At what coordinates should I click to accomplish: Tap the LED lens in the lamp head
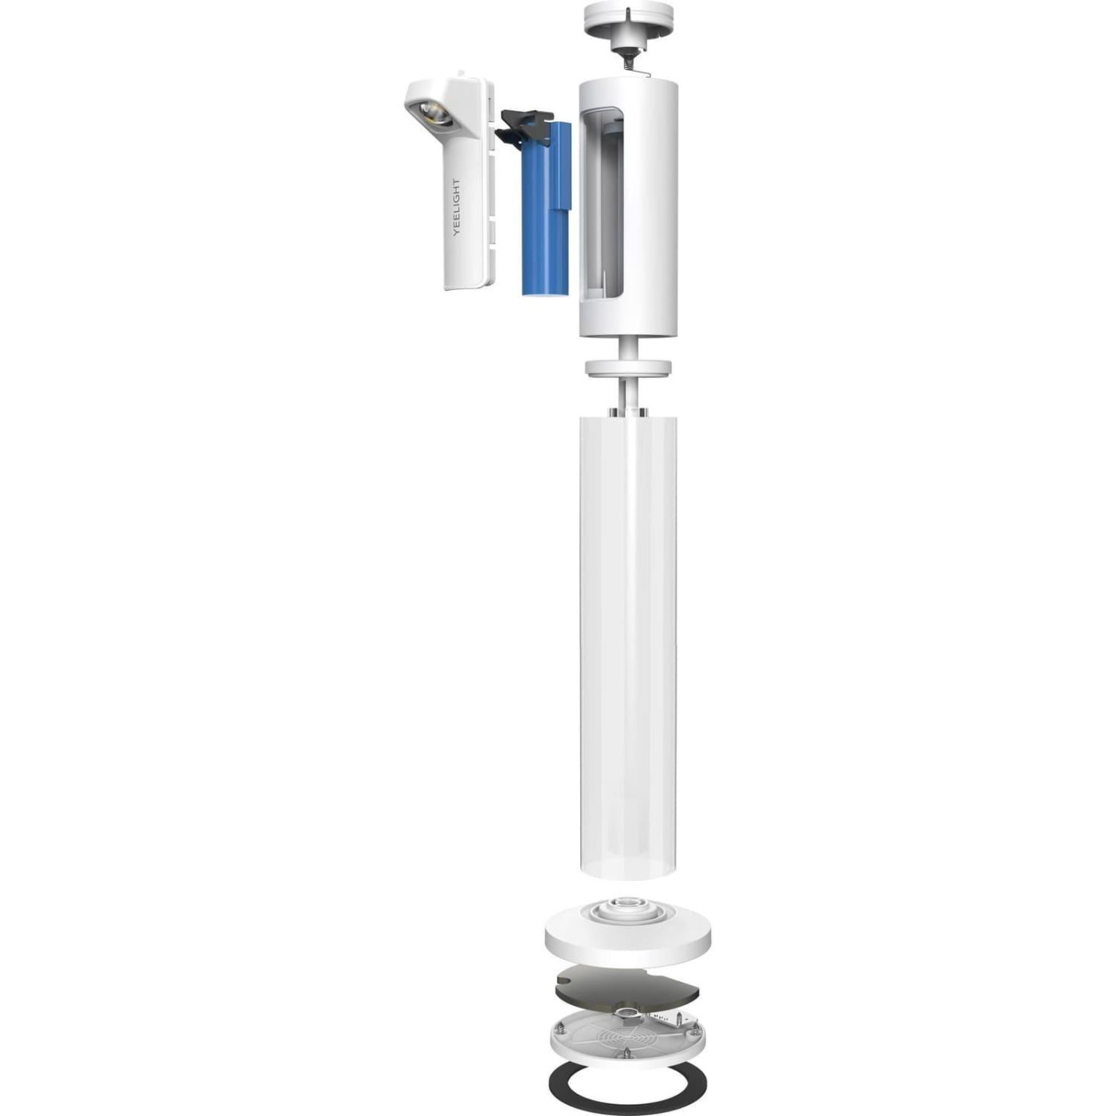pos(434,114)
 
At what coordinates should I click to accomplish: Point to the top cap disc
pos(628,16)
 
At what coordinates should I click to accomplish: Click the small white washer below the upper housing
pos(628,368)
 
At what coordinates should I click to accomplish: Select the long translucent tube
pos(628,638)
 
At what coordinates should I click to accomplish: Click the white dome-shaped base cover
pos(627,941)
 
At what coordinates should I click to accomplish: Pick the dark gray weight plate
pos(627,988)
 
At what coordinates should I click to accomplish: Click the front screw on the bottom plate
pos(627,1054)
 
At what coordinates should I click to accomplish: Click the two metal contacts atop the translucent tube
pos(628,411)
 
